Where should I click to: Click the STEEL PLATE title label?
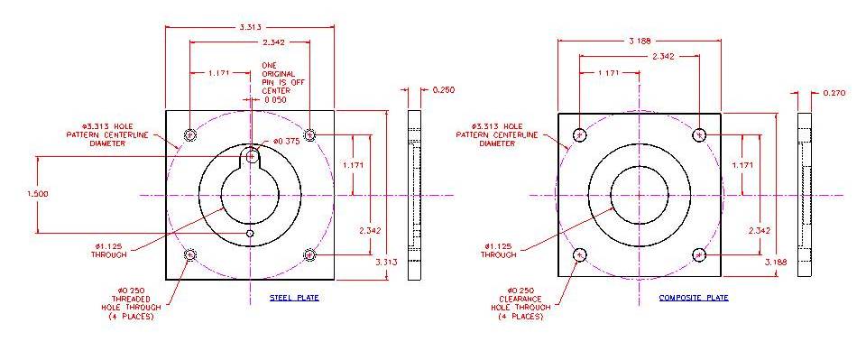[x=294, y=297]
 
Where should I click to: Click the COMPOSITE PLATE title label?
[x=693, y=297]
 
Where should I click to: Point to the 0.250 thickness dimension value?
[x=444, y=90]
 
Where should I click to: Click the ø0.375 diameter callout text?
[x=286, y=143]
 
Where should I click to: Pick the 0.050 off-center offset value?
[x=275, y=100]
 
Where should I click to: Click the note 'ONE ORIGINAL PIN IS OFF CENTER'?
[x=274, y=78]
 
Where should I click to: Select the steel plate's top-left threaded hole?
[x=190, y=135]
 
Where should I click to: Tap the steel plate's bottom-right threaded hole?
[x=309, y=254]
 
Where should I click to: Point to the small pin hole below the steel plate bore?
[x=250, y=233]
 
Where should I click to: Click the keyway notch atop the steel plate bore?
[x=250, y=157]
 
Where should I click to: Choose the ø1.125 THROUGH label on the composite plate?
[x=502, y=249]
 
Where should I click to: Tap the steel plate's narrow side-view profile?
[x=414, y=194]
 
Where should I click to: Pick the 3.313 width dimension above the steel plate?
[x=249, y=27]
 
